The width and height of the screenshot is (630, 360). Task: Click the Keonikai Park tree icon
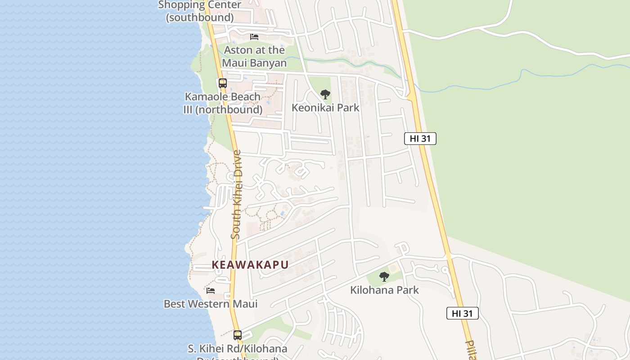(325, 94)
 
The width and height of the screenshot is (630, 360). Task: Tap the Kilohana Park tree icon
(384, 277)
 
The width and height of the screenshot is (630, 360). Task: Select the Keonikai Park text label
(325, 108)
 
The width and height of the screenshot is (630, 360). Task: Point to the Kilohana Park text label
(384, 290)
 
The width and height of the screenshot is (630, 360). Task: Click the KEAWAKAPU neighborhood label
(250, 265)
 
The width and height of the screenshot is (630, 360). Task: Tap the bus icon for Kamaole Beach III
(223, 83)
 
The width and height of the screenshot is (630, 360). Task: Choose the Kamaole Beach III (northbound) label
(223, 103)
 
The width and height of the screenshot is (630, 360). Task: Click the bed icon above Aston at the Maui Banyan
(254, 36)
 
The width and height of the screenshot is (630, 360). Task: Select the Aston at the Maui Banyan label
(254, 56)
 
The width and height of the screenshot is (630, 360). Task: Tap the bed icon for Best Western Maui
(211, 290)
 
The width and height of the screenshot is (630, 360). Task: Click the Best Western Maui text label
(211, 304)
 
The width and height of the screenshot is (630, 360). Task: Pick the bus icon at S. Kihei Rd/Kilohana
(238, 335)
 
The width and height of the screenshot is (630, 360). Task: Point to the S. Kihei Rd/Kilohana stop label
(237, 349)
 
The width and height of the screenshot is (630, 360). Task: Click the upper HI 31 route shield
(420, 139)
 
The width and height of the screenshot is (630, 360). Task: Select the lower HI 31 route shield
(462, 314)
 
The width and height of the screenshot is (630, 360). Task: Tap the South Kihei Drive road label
(236, 194)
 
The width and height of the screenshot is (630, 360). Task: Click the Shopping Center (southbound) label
(200, 11)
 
